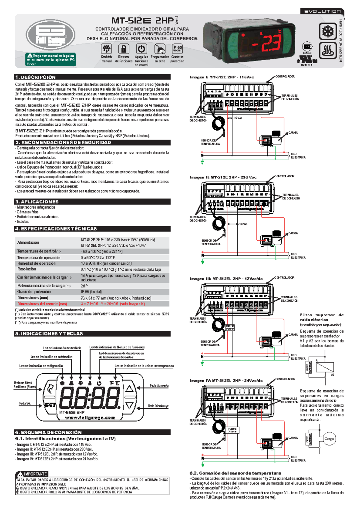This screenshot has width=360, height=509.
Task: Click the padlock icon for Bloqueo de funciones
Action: pos(124,49)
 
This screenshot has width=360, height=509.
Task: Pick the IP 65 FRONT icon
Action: pos(177,48)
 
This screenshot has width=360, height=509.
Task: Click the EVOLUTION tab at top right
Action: pos(322,11)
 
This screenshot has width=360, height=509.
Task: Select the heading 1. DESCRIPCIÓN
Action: pos(35,77)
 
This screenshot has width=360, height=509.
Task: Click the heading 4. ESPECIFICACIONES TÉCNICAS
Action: pos(56,229)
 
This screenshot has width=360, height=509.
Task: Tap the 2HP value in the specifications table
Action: pos(84,286)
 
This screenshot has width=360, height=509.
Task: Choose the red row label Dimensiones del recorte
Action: pos(42,304)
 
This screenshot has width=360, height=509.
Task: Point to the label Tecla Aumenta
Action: pos(159,385)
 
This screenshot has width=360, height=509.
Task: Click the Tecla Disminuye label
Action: pos(158,406)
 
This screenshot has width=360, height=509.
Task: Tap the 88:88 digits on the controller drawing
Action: pos(90,398)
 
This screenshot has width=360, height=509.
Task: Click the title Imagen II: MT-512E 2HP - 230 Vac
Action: pos(223,177)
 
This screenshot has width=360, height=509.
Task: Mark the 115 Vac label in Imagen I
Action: pos(238,118)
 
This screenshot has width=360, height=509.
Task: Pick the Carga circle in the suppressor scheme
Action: pos(329,439)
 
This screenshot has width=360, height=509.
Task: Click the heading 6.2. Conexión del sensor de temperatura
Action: pos(235,473)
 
